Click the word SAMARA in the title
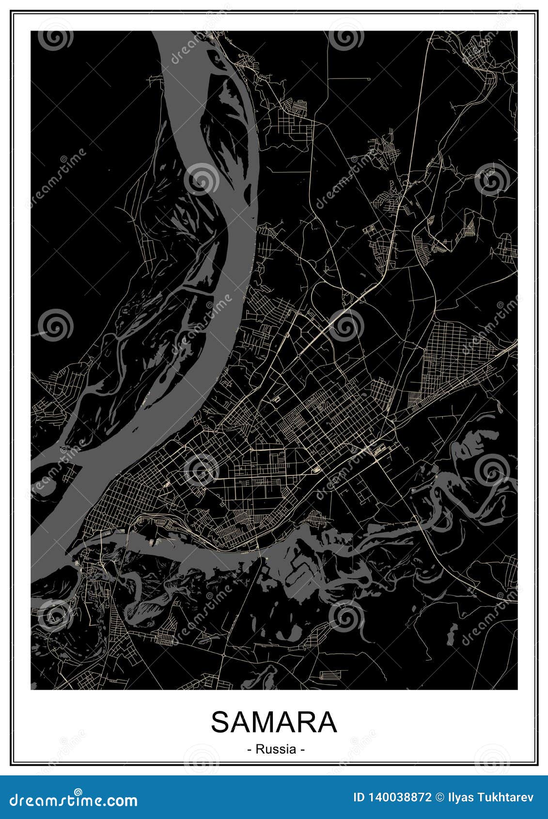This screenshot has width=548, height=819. point(274,723)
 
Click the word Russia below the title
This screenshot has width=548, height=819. point(276,749)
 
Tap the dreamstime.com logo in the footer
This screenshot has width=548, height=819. point(73,799)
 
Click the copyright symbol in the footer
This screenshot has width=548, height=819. point(440,797)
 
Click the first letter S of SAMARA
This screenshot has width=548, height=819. point(219,723)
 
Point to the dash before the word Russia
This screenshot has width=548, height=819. point(249,750)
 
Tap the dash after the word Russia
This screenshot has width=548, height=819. point(302,750)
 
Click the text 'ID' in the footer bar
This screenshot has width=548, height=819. point(359,797)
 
